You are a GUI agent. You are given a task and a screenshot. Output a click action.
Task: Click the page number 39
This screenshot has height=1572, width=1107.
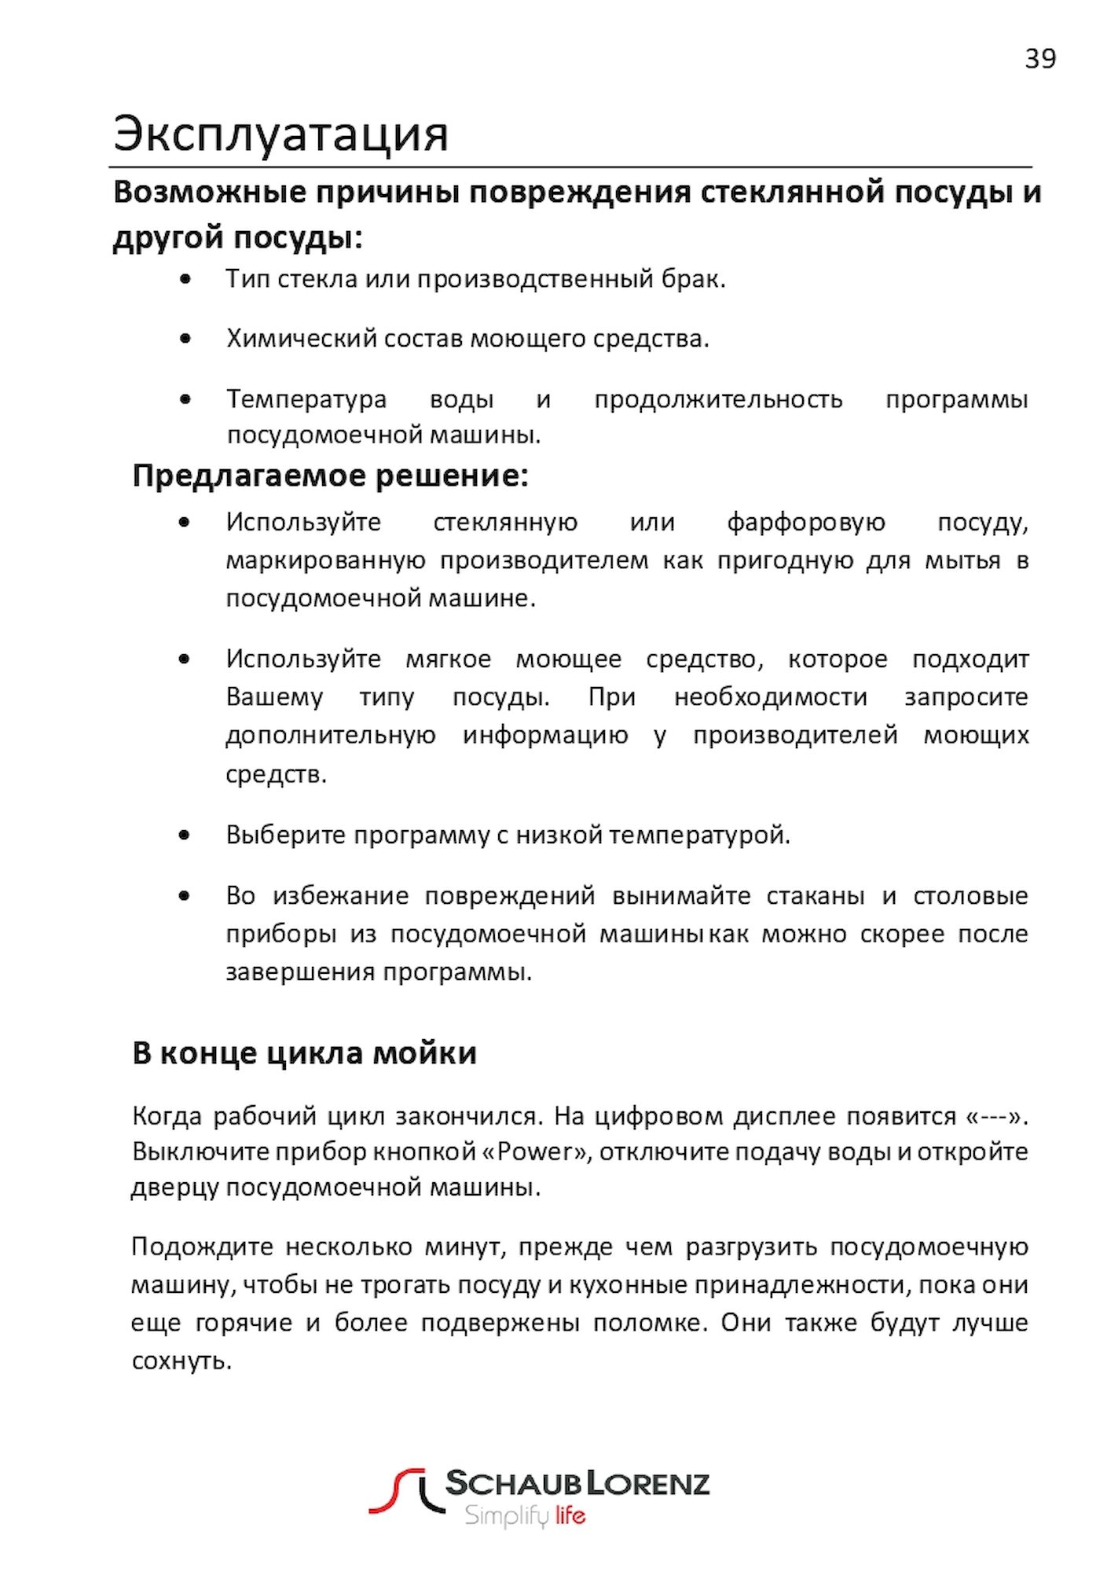[x=1039, y=59]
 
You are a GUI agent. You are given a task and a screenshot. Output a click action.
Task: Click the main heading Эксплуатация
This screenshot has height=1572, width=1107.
[x=280, y=134]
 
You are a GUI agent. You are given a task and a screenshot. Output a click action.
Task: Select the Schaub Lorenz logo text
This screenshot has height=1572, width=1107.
[x=577, y=1483]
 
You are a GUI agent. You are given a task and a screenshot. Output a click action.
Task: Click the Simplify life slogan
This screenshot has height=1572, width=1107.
[x=524, y=1515]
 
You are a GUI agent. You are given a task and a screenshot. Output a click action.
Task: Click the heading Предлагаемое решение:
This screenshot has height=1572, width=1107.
[x=330, y=476]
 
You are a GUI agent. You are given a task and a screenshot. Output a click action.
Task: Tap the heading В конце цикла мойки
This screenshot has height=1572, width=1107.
[x=304, y=1053]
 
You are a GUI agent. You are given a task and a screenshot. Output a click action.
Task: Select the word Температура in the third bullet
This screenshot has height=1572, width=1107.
[x=306, y=399]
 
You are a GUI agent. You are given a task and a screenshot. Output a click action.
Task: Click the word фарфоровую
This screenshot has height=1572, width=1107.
[x=805, y=522]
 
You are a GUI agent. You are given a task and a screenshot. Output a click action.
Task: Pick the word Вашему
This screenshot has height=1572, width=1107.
[x=274, y=697]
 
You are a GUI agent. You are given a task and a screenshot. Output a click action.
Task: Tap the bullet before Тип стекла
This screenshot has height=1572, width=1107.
[x=185, y=278]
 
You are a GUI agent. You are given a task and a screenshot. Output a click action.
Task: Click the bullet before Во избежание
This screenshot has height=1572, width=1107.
[x=185, y=895]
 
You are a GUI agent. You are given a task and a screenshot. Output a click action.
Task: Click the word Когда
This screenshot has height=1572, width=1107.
[x=168, y=1116]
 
